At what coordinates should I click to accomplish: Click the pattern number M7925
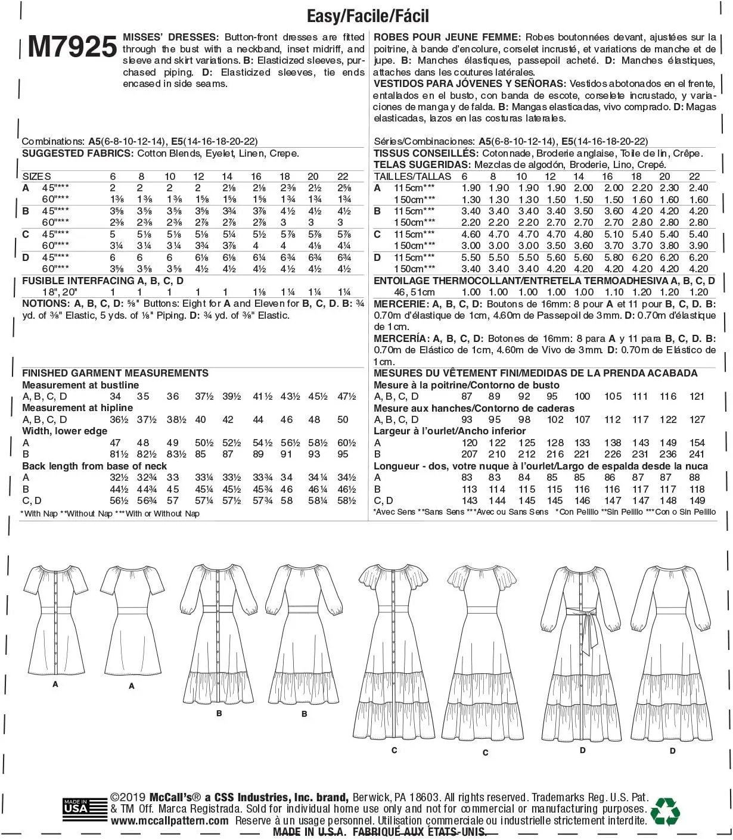click(72, 46)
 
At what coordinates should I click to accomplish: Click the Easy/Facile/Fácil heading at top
click(367, 15)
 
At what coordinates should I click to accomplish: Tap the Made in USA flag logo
click(76, 808)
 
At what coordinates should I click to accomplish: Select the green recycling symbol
click(665, 811)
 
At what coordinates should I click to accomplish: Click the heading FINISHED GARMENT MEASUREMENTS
click(115, 373)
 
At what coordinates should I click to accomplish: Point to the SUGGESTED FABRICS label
click(77, 153)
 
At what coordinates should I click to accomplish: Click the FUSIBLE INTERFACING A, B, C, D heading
click(103, 281)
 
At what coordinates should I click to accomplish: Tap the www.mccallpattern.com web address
click(169, 820)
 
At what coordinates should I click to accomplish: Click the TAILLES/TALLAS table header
click(412, 176)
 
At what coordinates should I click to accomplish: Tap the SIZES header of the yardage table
click(36, 176)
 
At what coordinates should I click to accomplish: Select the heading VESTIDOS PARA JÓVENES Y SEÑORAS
click(469, 83)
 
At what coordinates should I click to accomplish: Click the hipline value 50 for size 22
click(343, 419)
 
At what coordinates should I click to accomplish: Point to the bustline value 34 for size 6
click(115, 396)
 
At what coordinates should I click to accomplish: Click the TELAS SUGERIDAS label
click(422, 164)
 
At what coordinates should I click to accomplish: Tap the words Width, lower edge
click(65, 431)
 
